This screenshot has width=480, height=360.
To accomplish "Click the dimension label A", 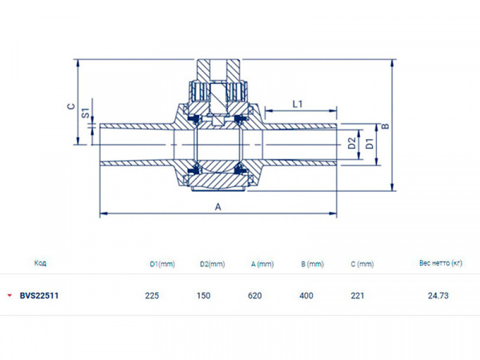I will (x=218, y=206).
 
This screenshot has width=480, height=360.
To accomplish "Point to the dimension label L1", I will (x=298, y=104).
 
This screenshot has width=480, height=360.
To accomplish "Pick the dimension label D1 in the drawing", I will (x=369, y=144).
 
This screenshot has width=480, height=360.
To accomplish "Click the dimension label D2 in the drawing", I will (x=351, y=144).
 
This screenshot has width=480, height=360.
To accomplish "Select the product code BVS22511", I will (x=39, y=295).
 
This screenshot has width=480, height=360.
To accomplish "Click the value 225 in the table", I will (x=152, y=295).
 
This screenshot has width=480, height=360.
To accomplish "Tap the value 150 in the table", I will (x=203, y=295).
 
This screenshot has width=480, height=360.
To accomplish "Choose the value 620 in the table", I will (x=255, y=295).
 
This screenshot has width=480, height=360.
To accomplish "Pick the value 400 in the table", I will (x=306, y=295).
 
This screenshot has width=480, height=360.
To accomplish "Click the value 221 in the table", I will (x=358, y=295).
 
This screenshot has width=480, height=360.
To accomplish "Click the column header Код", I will (x=40, y=262).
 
